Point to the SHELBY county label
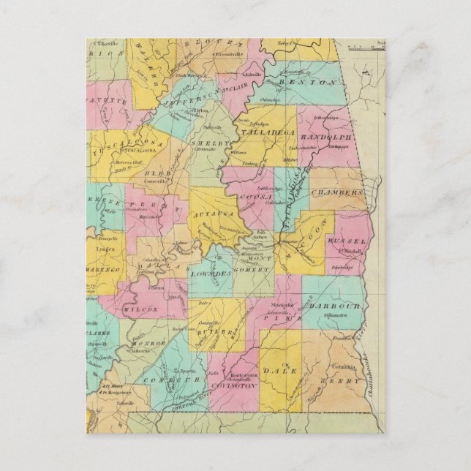pos(205,143)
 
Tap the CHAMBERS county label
pos(336,192)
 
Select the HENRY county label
pos(343,381)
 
